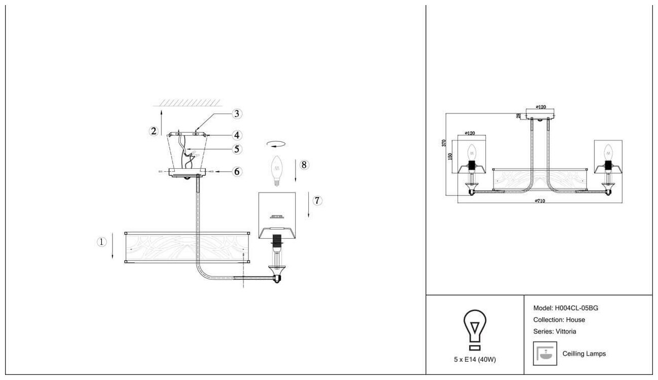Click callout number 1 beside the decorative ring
tap(102, 242)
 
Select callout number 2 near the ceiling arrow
tap(153, 131)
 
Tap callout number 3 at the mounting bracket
tap(237, 113)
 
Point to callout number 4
tap(237, 135)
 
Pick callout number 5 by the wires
tap(237, 149)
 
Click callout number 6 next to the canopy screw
tap(236, 172)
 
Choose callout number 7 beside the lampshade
tap(317, 201)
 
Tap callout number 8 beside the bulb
tap(304, 165)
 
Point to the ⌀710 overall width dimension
tap(540, 201)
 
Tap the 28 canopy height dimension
tap(518, 116)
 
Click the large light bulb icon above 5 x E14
tap(475, 330)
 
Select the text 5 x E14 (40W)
tap(475, 359)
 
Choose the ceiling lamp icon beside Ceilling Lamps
tap(546, 354)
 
